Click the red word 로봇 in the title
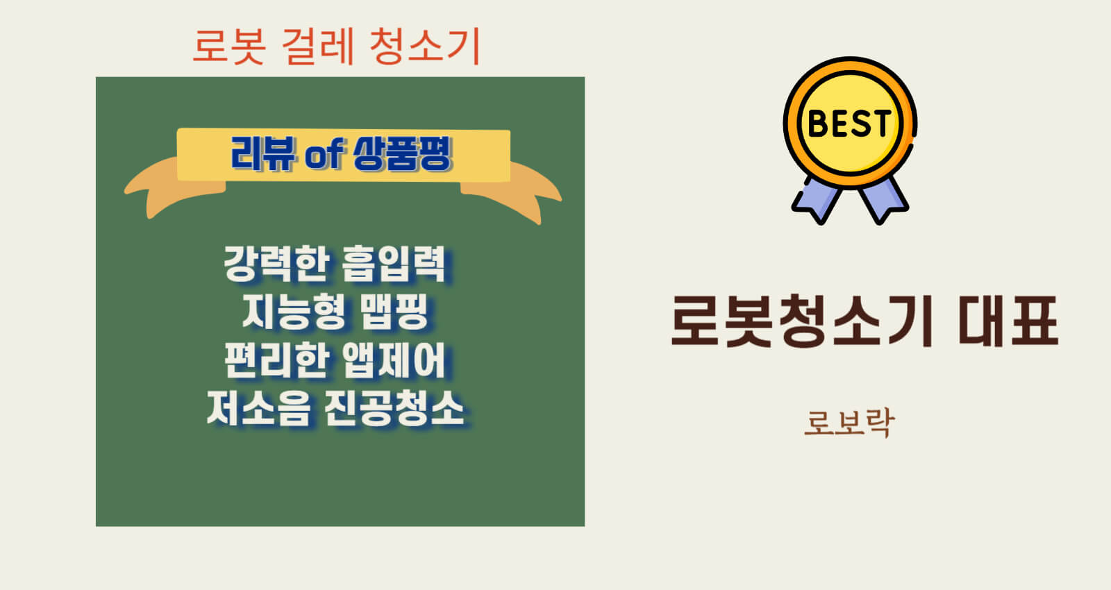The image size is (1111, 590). coord(229,46)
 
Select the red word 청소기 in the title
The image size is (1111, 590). coord(426,46)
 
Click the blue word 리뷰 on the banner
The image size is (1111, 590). coord(263,153)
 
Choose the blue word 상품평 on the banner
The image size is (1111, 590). coord(402,153)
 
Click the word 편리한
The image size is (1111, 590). coord(277,360)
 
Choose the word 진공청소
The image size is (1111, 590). coord(394,408)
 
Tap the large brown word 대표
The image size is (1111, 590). coord(1008,321)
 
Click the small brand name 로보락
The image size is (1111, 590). coord(850,423)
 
